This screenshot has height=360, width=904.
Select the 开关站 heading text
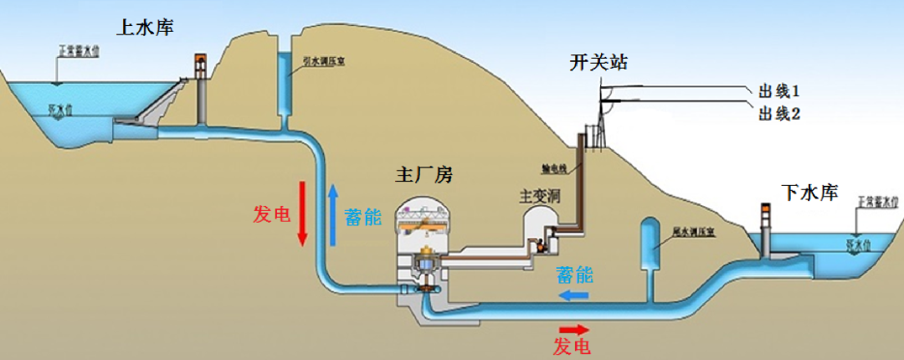coord(598,63)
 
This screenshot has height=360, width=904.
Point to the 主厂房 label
coord(424,175)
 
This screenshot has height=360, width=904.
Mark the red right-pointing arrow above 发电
coord(574,329)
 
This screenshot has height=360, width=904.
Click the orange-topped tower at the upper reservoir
coord(201,88)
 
